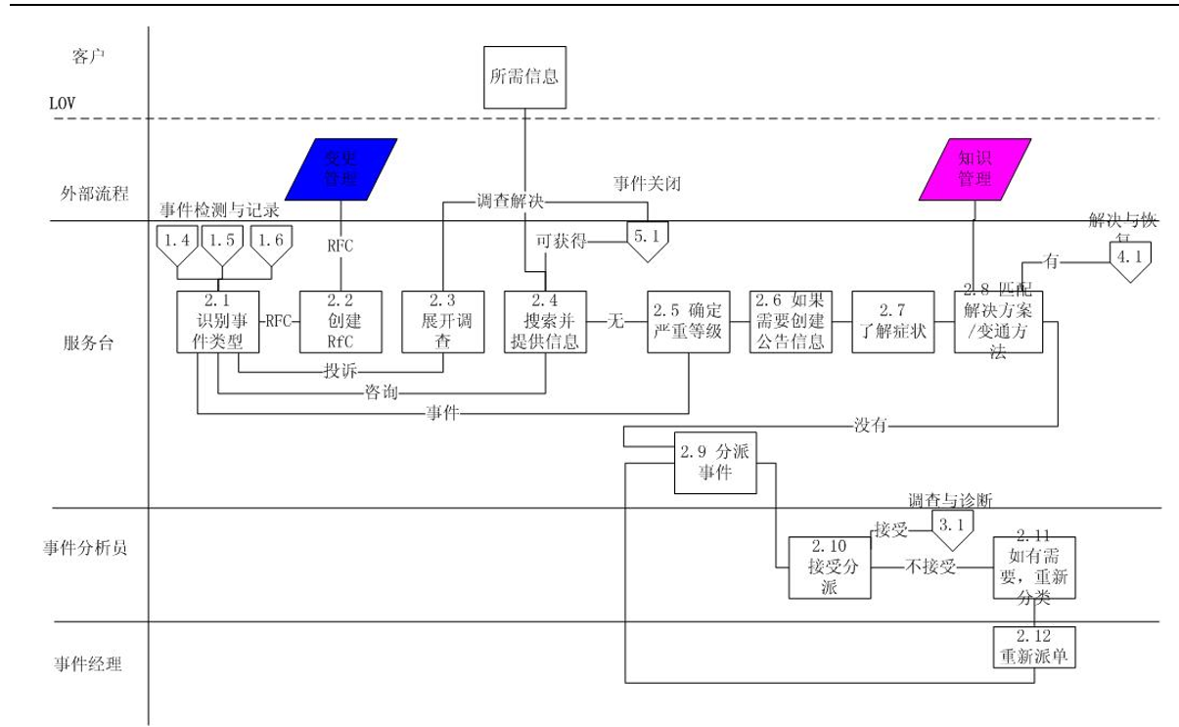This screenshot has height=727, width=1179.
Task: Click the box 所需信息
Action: point(524,76)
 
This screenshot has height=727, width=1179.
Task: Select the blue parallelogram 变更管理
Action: point(340,169)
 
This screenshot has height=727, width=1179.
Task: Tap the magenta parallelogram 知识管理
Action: point(972,169)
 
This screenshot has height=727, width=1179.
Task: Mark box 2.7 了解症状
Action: point(889,321)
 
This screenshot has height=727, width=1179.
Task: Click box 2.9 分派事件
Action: point(716,463)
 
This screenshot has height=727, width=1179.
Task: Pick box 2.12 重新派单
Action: point(1033,649)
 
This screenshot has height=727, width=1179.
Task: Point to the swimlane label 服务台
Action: point(85,343)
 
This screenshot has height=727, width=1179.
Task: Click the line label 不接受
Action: point(930,567)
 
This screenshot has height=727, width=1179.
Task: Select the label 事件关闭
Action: point(645,183)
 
